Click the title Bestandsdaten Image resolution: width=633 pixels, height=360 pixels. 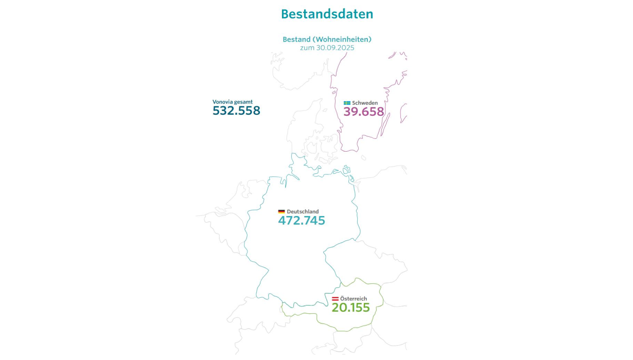tap(327, 14)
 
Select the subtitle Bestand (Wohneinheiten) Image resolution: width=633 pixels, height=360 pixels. tap(327, 40)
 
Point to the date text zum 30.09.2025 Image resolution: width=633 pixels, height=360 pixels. tap(327, 47)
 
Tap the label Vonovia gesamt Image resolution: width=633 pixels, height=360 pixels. tap(233, 102)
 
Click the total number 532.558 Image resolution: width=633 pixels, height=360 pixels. tap(236, 111)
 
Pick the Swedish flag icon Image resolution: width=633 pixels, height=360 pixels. tap(347, 103)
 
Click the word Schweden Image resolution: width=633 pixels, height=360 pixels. tap(364, 103)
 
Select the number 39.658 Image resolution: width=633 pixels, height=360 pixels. tap(363, 112)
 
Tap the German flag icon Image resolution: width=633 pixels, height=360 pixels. tap(282, 212)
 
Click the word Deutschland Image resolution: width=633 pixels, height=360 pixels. tap(303, 212)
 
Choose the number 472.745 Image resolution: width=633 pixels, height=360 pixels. tap(302, 221)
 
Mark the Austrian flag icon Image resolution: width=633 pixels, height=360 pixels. tap(335, 299)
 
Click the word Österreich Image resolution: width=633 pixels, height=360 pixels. tap(354, 299)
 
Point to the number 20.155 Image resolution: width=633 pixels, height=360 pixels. tap(350, 308)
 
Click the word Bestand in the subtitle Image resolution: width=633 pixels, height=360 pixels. tap(296, 40)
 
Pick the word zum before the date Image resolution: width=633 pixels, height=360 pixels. tap(307, 47)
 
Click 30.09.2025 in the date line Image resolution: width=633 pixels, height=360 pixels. tap(335, 47)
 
